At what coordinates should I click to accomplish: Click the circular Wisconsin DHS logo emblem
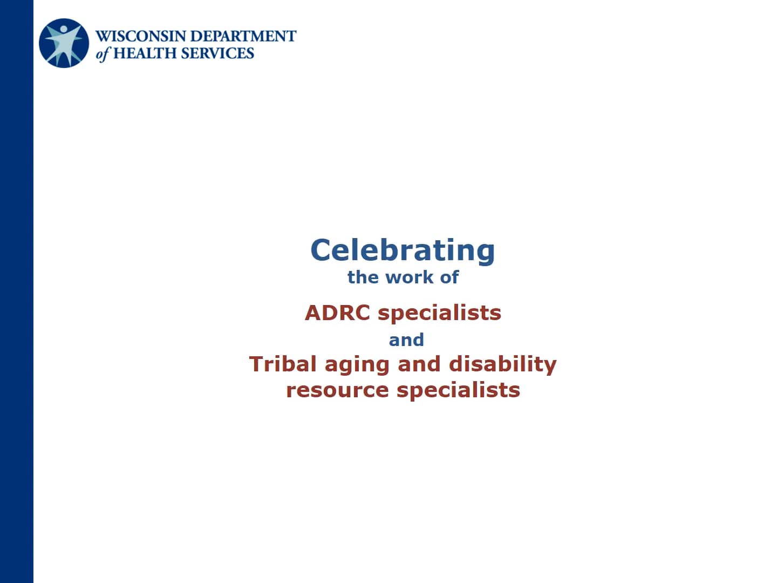pos(64,43)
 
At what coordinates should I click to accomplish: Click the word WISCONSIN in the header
pos(142,36)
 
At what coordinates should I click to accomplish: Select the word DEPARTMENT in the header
pos(244,36)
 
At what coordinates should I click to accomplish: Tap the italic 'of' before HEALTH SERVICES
pos(103,53)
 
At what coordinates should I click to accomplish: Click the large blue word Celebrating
pos(403,250)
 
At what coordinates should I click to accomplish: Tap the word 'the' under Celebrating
pos(363,277)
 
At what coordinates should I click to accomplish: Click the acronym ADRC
pos(337,313)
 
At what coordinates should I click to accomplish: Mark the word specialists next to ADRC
pos(439,313)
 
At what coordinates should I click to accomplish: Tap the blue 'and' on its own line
pos(406,340)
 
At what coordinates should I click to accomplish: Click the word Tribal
pos(283,364)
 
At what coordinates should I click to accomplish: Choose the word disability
pos(503,365)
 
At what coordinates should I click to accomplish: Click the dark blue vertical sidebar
pos(16,291)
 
